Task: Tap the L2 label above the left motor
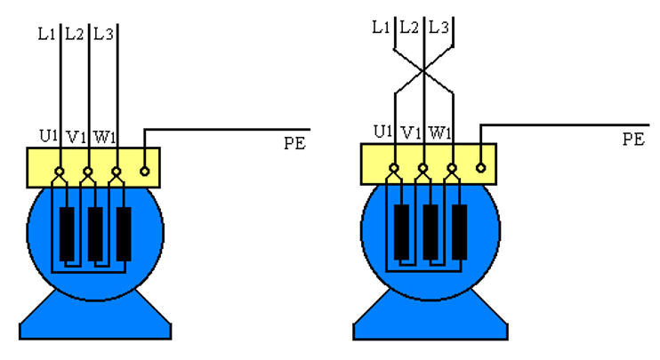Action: (x=75, y=36)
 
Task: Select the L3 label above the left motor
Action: (x=103, y=36)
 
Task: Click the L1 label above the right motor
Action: (x=381, y=28)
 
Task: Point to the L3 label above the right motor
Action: (x=438, y=28)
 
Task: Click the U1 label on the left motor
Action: (x=48, y=138)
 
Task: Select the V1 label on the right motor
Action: (x=410, y=133)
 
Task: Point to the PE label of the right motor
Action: (x=632, y=139)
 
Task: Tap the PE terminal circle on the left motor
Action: (x=146, y=167)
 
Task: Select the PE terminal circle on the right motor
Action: (x=480, y=165)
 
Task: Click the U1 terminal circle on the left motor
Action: (x=60, y=170)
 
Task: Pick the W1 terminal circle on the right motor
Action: (x=452, y=167)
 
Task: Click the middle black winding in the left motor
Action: (x=95, y=233)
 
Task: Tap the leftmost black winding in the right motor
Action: (x=402, y=230)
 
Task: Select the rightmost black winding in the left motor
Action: (x=124, y=233)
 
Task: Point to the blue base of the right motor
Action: (x=431, y=318)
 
